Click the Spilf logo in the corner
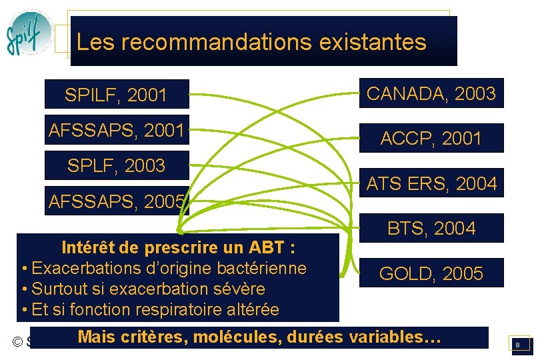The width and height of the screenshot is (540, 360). coord(29,33)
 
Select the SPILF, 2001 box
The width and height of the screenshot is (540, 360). coord(116,95)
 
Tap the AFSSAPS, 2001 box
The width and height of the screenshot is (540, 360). coord(116,131)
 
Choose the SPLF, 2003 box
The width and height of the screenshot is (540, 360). coord(116,166)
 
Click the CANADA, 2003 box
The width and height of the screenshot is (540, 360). coord(431,94)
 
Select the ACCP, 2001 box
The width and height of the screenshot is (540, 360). coord(431,139)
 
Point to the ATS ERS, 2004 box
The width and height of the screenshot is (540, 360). coord(431,184)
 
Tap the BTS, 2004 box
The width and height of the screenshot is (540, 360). coord(431,229)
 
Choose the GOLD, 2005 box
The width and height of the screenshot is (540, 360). coord(431,273)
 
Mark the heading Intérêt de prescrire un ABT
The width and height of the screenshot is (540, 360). coord(179,248)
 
